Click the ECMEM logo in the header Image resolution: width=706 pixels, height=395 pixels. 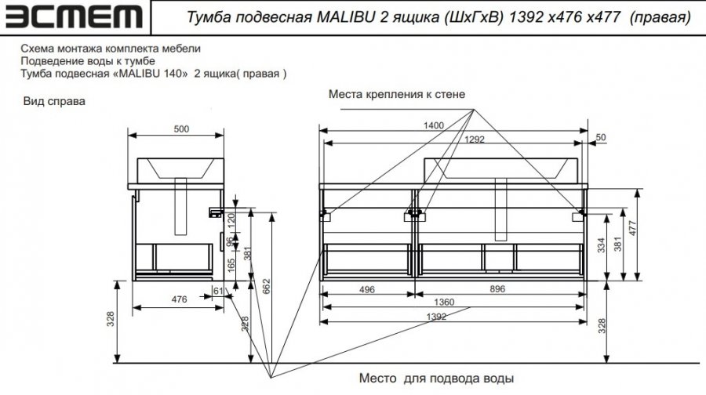74,17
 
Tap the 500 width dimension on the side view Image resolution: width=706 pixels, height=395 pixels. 181,129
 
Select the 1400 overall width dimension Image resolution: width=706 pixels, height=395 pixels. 434,125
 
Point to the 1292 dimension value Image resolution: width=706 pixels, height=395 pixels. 474,139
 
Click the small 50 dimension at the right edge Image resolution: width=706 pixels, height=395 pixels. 601,137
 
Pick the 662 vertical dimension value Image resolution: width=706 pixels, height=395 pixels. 267,287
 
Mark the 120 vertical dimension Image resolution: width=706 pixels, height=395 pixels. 230,220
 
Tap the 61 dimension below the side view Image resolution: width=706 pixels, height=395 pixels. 218,291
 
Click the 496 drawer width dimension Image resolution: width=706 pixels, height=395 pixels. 367,289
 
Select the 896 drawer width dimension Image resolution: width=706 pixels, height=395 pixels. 497,289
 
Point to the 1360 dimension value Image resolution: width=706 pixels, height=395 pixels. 444,302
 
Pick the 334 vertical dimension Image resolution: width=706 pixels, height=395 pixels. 601,245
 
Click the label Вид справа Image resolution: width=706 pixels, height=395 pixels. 54,101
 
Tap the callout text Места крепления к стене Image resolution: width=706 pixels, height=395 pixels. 397,94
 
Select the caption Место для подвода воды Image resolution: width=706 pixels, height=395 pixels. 436,378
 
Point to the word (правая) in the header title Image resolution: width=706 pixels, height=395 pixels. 660,17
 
